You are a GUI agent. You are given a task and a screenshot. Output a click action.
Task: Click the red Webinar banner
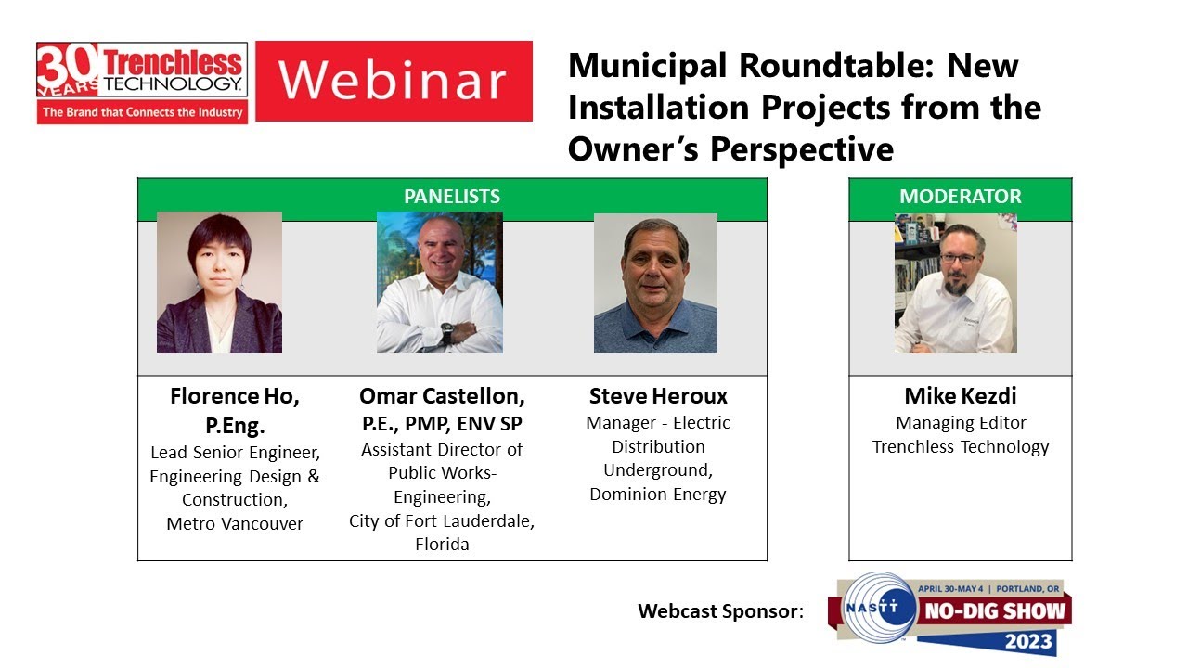point(394,81)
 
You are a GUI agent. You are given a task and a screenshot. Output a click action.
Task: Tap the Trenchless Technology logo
point(142,82)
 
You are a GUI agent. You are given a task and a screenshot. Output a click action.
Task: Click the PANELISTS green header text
point(452,197)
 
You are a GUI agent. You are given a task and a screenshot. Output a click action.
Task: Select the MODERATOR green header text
point(960,197)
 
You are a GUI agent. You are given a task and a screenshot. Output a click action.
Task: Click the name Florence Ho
point(234,397)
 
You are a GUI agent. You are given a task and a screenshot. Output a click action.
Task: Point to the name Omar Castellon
point(442,397)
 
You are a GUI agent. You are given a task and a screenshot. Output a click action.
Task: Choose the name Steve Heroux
point(658,397)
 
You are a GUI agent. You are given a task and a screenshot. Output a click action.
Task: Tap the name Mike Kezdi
point(960,396)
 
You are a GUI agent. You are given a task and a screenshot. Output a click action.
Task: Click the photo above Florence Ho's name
point(219,282)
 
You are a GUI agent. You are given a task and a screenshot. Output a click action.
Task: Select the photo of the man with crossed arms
point(439,282)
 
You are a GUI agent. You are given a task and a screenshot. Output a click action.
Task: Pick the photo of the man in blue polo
point(655,283)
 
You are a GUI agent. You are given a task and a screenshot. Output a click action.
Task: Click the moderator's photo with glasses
point(955,283)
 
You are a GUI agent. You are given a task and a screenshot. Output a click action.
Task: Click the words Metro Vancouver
point(235,524)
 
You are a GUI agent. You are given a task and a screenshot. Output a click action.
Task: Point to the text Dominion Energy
point(658,495)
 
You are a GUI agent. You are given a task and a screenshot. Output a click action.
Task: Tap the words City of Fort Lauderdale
point(442,521)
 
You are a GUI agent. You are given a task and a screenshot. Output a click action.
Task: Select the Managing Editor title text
point(961,423)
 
